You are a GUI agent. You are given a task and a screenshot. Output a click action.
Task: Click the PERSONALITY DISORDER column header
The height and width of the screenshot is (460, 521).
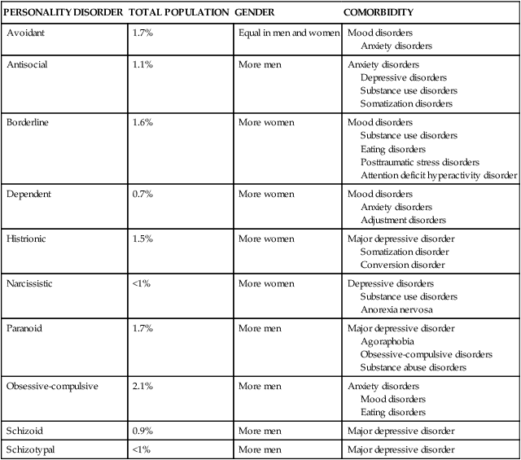pos(63,13)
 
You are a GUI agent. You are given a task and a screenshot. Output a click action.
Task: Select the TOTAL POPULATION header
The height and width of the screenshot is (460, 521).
pos(178,13)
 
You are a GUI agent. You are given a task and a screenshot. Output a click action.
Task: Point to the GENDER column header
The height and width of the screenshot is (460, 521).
pos(255,13)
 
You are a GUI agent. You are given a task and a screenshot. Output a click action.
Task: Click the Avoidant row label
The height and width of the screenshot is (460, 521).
pos(25,33)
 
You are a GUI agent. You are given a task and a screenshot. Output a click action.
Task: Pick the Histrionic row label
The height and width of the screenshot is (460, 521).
pos(28,239)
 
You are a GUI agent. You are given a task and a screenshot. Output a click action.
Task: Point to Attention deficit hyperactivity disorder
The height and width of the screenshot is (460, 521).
pos(438,175)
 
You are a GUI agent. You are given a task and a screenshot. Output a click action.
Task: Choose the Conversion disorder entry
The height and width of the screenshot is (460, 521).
pos(402,265)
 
